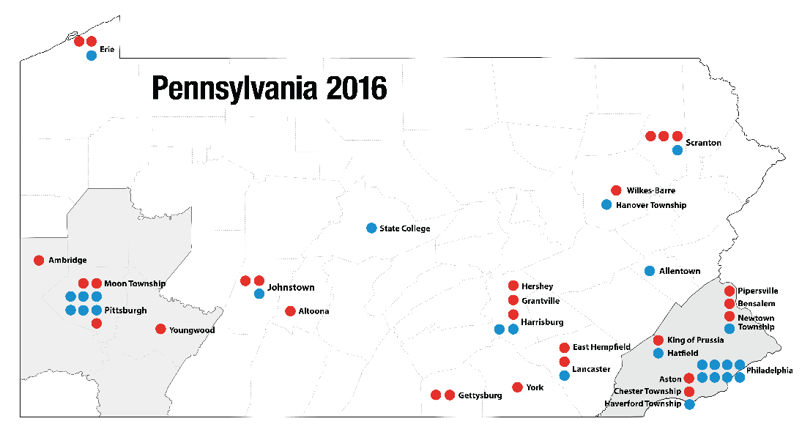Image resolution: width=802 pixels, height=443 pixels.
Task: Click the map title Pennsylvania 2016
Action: [x=269, y=88]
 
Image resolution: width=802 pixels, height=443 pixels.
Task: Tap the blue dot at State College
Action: [x=371, y=228]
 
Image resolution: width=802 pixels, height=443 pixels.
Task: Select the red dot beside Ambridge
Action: [x=39, y=260]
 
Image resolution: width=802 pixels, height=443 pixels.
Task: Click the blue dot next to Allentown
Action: [x=650, y=271]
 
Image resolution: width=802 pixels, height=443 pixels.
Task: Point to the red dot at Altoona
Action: [x=290, y=311]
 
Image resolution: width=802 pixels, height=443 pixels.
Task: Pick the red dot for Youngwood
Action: [x=160, y=329]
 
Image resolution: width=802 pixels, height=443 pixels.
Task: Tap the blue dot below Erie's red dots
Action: [x=91, y=55]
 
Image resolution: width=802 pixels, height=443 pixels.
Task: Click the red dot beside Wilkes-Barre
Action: [x=616, y=190]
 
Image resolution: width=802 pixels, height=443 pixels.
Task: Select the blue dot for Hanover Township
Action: [x=606, y=204]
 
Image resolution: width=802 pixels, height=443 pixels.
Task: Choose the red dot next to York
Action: [x=517, y=387]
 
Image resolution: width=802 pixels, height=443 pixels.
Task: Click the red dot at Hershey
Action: [x=513, y=286]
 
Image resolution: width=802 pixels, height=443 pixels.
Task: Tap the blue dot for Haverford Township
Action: [x=689, y=404]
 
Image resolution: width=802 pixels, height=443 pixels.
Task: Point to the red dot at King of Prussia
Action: [x=658, y=340]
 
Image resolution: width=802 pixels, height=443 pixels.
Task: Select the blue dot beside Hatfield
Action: [x=658, y=354]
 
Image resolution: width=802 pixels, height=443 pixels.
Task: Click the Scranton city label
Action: [x=703, y=143]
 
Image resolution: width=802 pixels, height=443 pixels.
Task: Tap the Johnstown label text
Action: [x=291, y=287]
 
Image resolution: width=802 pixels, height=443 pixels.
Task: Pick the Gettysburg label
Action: [x=480, y=395]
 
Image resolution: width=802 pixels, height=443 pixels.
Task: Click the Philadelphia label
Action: [x=769, y=371]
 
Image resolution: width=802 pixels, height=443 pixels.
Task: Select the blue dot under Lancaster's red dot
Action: [x=564, y=376]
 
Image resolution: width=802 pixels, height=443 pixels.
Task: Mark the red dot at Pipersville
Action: [x=729, y=291]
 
